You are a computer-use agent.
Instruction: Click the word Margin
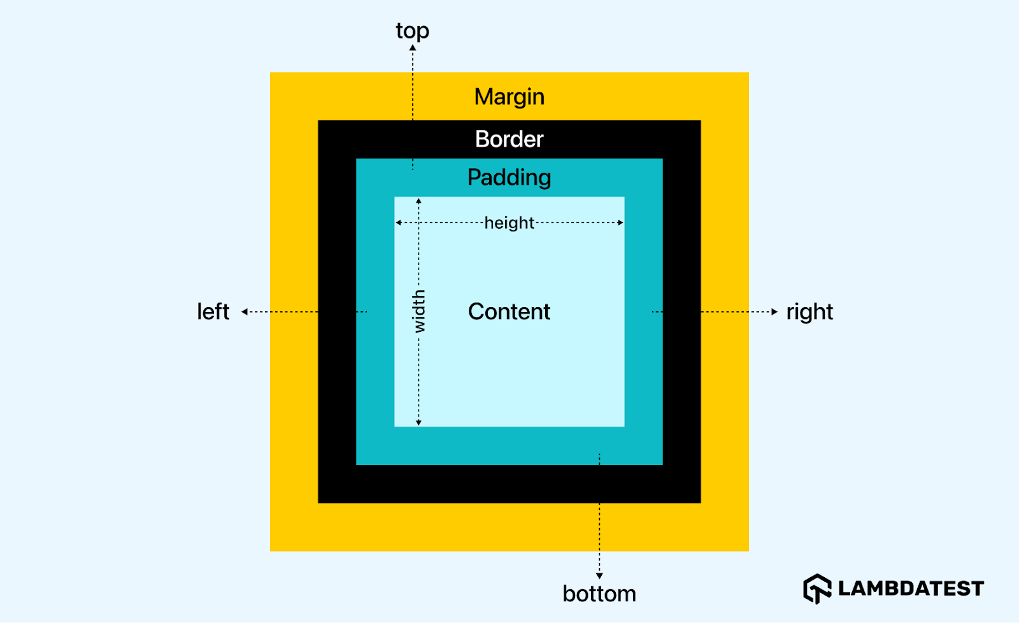click(x=509, y=97)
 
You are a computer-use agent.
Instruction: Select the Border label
click(x=509, y=139)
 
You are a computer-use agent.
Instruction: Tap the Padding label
click(x=509, y=177)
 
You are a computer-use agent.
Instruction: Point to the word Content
click(x=509, y=311)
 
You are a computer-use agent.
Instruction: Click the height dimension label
click(x=509, y=223)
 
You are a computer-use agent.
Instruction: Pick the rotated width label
click(x=418, y=311)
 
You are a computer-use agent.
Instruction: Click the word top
click(x=412, y=31)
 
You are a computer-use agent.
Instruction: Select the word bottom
click(x=599, y=594)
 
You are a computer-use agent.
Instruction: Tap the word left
click(x=213, y=311)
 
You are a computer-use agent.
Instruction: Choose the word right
click(x=809, y=311)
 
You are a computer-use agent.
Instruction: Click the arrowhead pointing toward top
click(x=413, y=48)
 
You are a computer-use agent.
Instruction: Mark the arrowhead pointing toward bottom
click(x=599, y=576)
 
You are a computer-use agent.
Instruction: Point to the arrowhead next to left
click(x=245, y=311)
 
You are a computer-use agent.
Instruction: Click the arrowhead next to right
click(x=774, y=311)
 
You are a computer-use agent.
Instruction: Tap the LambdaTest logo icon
click(x=817, y=588)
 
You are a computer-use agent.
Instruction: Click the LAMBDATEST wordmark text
click(x=911, y=589)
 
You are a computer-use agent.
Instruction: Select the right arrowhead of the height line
click(x=620, y=222)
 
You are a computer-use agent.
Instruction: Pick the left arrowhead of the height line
click(x=399, y=222)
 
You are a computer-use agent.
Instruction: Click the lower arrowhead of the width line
click(x=418, y=422)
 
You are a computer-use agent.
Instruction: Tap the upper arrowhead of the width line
click(x=418, y=201)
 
